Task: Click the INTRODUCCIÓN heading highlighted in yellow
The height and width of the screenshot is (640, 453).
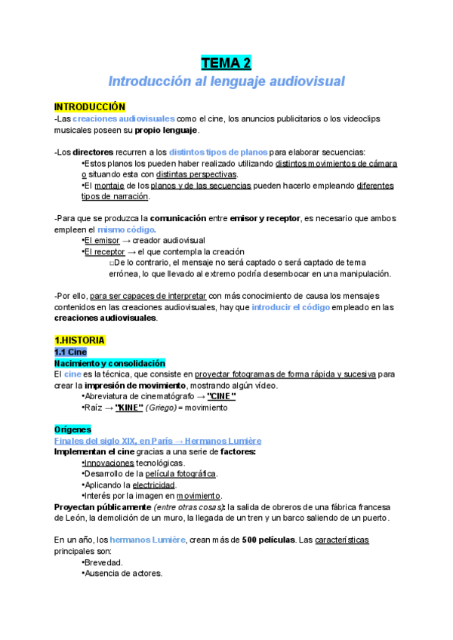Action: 89,107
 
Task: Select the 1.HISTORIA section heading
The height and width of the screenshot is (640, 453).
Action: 80,340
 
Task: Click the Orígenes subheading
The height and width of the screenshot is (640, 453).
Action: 72,429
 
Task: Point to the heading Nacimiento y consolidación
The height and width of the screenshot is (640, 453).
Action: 109,363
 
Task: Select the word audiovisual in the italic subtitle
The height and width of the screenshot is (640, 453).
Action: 299,81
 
